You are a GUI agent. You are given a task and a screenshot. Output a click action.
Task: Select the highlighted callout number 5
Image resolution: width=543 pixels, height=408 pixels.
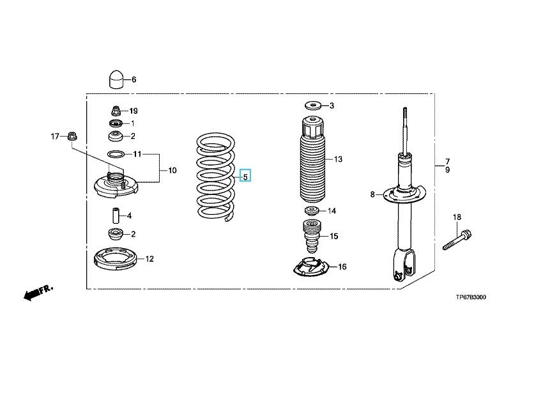(x=245, y=175)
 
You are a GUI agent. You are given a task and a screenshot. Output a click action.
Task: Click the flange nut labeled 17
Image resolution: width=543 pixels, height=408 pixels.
(x=73, y=136)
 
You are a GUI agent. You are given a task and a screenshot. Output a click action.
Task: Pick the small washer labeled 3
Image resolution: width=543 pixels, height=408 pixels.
(x=313, y=106)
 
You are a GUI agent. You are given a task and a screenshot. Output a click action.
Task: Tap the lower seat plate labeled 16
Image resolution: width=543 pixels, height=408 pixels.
(x=312, y=267)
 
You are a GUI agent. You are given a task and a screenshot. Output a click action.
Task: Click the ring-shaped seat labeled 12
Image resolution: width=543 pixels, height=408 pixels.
(x=116, y=260)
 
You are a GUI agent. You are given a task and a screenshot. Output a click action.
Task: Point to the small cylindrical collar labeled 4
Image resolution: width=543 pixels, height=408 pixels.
(x=116, y=215)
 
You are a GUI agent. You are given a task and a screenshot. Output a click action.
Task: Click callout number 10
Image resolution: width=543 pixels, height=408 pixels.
(x=172, y=171)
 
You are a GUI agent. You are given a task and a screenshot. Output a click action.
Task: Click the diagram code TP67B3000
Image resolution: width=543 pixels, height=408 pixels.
(x=475, y=297)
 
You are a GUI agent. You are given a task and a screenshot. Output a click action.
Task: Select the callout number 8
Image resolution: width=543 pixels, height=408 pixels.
(x=372, y=194)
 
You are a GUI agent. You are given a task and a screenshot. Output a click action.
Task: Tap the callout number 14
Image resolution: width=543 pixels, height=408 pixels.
(x=332, y=210)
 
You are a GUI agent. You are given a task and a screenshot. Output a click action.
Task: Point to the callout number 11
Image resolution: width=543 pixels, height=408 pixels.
(x=136, y=154)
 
